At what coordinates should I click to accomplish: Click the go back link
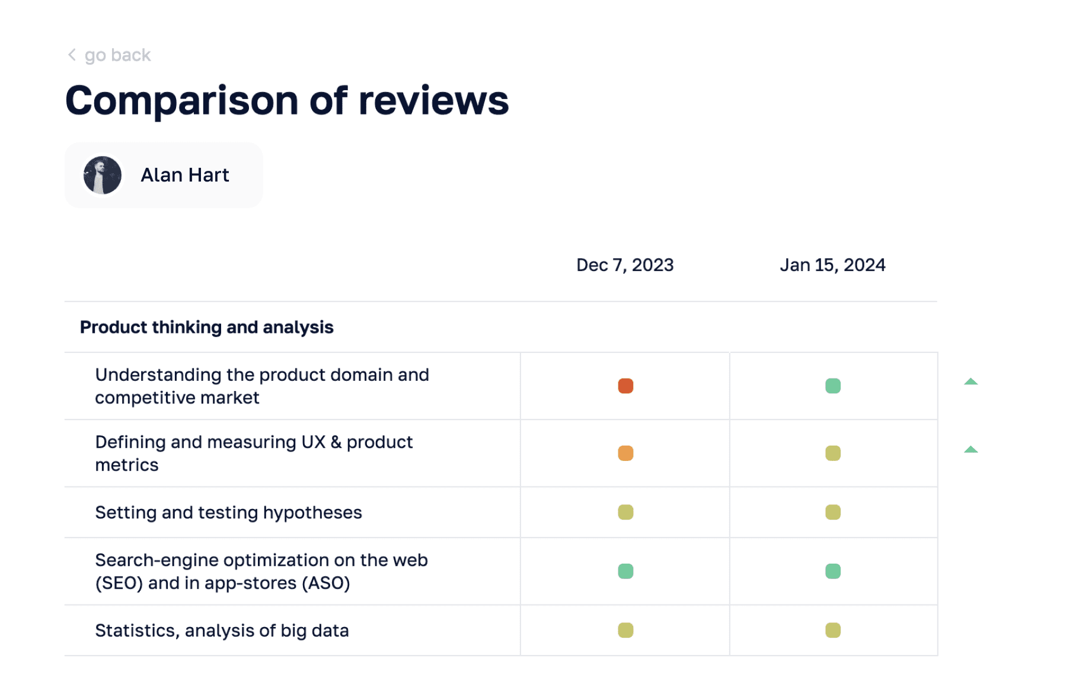click(117, 55)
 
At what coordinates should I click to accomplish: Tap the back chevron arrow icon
click(72, 55)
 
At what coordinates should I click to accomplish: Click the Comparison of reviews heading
click(287, 100)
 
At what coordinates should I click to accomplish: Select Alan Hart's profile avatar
click(103, 175)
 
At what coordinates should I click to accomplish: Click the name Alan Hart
click(184, 175)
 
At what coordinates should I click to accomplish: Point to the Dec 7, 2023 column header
click(625, 265)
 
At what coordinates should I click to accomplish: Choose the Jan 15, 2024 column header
click(832, 265)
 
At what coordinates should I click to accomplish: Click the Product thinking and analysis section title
click(206, 327)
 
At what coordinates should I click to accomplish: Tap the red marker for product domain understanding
click(625, 386)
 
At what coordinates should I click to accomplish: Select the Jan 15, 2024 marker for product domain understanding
click(833, 386)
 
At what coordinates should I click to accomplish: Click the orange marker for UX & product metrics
click(625, 453)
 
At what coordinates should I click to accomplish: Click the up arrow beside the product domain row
click(970, 381)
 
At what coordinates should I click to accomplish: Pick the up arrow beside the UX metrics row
click(970, 449)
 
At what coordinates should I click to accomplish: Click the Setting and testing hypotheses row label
click(228, 512)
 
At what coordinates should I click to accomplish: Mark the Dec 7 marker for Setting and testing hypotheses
click(625, 512)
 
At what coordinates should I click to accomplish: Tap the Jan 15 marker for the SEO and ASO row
click(833, 571)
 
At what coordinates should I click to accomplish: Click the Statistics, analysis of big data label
click(222, 630)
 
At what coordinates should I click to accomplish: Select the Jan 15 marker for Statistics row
click(833, 630)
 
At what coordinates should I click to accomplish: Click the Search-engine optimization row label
click(261, 571)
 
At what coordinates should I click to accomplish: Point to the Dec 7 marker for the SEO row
click(625, 571)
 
